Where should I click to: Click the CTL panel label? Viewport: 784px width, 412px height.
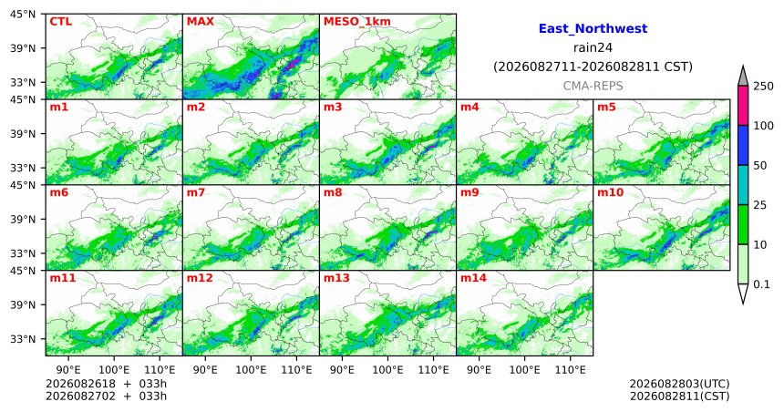[x=60, y=22]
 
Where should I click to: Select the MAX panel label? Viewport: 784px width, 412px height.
[x=200, y=22]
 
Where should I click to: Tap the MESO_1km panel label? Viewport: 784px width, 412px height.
[x=357, y=22]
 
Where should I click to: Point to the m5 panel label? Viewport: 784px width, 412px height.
[x=606, y=107]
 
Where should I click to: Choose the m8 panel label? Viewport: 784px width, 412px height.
[x=333, y=192]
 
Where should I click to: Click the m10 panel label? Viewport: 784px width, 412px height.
[x=610, y=192]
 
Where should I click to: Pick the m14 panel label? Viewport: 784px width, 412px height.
[x=473, y=278]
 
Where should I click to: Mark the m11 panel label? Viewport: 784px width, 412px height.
[x=63, y=278]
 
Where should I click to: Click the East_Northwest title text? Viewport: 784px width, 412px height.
[x=593, y=29]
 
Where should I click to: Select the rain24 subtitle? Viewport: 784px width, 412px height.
[x=593, y=48]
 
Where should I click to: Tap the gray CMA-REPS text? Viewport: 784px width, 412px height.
[x=593, y=86]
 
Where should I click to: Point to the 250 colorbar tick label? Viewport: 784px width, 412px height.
[x=764, y=87]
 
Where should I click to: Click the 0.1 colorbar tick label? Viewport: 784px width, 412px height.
[x=761, y=284]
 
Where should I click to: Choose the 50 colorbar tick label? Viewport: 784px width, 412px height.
[x=760, y=166]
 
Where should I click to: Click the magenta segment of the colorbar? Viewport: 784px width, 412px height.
[x=743, y=106]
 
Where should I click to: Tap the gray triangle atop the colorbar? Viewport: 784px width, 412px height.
[x=743, y=77]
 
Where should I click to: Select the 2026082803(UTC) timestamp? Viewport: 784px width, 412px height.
[x=679, y=384]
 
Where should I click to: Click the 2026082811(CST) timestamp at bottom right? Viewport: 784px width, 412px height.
[x=679, y=397]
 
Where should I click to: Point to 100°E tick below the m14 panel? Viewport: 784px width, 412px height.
[x=525, y=370]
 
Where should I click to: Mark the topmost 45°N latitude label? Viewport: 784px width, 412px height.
[x=23, y=15]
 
